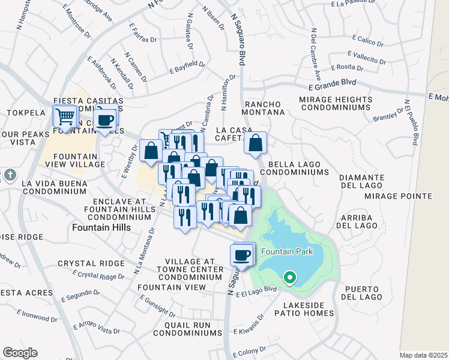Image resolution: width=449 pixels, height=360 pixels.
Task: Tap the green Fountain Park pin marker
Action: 289,278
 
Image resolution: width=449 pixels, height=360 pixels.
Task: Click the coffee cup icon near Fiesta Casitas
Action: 106,120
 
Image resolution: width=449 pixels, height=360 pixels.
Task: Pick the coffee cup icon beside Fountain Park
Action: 242,255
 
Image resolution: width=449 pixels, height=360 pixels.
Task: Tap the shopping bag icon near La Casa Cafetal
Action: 255,144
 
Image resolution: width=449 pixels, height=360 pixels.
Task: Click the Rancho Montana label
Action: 264,108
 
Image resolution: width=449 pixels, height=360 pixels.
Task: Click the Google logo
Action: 20,353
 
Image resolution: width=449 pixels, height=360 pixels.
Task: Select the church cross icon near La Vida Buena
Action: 9,175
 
